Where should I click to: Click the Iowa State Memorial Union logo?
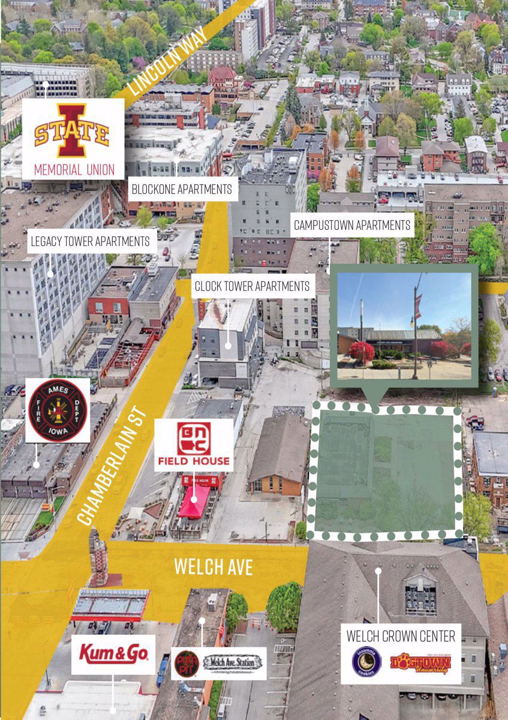point(72,131)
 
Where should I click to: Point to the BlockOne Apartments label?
point(182,190)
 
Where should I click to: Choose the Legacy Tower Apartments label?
point(90,241)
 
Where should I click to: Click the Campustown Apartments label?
point(352,226)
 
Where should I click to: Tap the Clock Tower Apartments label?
point(252,286)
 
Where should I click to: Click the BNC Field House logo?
point(193,445)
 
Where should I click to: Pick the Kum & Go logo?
point(113,653)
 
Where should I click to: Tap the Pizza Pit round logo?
point(186,664)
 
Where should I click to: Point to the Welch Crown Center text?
point(400,635)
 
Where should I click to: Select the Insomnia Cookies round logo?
point(366,663)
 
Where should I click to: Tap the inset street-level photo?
point(404,326)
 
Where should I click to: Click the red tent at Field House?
point(194,502)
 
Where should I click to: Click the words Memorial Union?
point(74,169)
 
